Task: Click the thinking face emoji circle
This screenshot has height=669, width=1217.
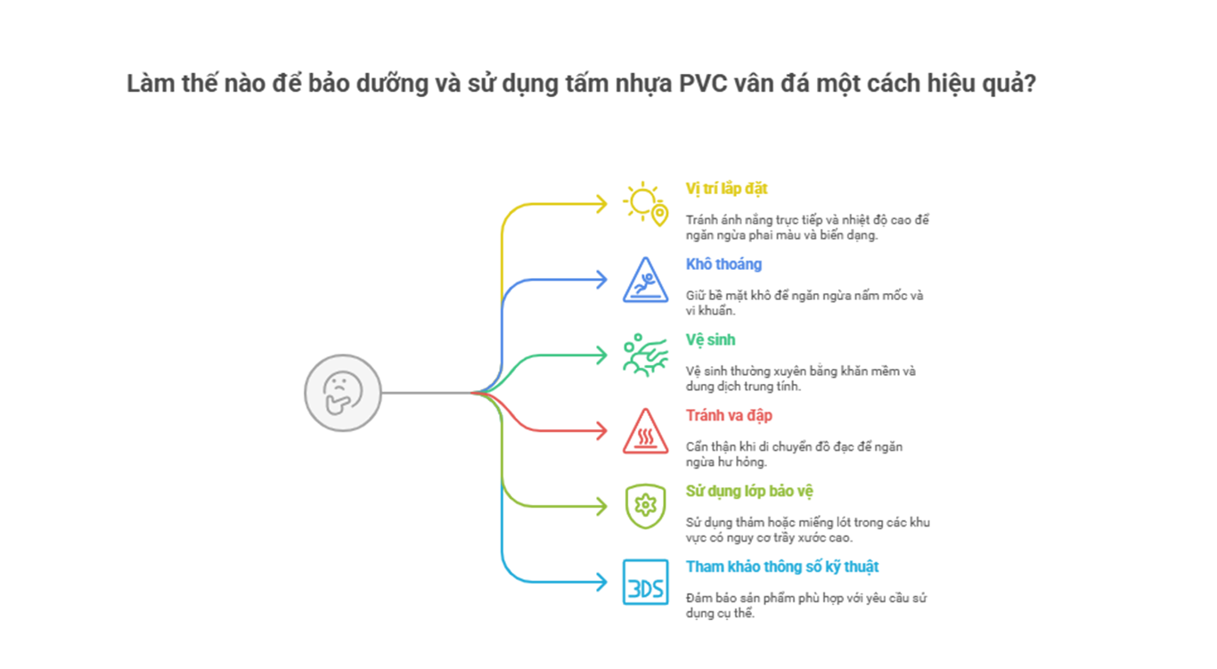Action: (343, 392)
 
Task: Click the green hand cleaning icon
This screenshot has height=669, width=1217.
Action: (645, 354)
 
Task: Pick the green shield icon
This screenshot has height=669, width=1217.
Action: (645, 506)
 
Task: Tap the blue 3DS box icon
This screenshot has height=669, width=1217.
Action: (645, 583)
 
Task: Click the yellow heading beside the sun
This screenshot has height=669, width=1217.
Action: (726, 189)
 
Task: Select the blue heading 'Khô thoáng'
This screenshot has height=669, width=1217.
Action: (723, 265)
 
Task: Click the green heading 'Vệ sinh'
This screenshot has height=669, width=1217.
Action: (710, 340)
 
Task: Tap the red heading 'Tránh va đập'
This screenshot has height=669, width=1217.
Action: (729, 416)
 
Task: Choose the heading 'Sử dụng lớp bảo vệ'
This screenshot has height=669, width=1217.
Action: (749, 492)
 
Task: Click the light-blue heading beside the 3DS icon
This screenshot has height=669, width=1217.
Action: (782, 567)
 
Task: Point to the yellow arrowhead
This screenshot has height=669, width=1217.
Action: (603, 203)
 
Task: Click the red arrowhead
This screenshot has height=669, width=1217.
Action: (603, 431)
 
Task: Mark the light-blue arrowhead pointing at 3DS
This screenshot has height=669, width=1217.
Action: (603, 583)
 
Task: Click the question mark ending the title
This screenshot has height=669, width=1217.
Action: (1031, 85)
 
